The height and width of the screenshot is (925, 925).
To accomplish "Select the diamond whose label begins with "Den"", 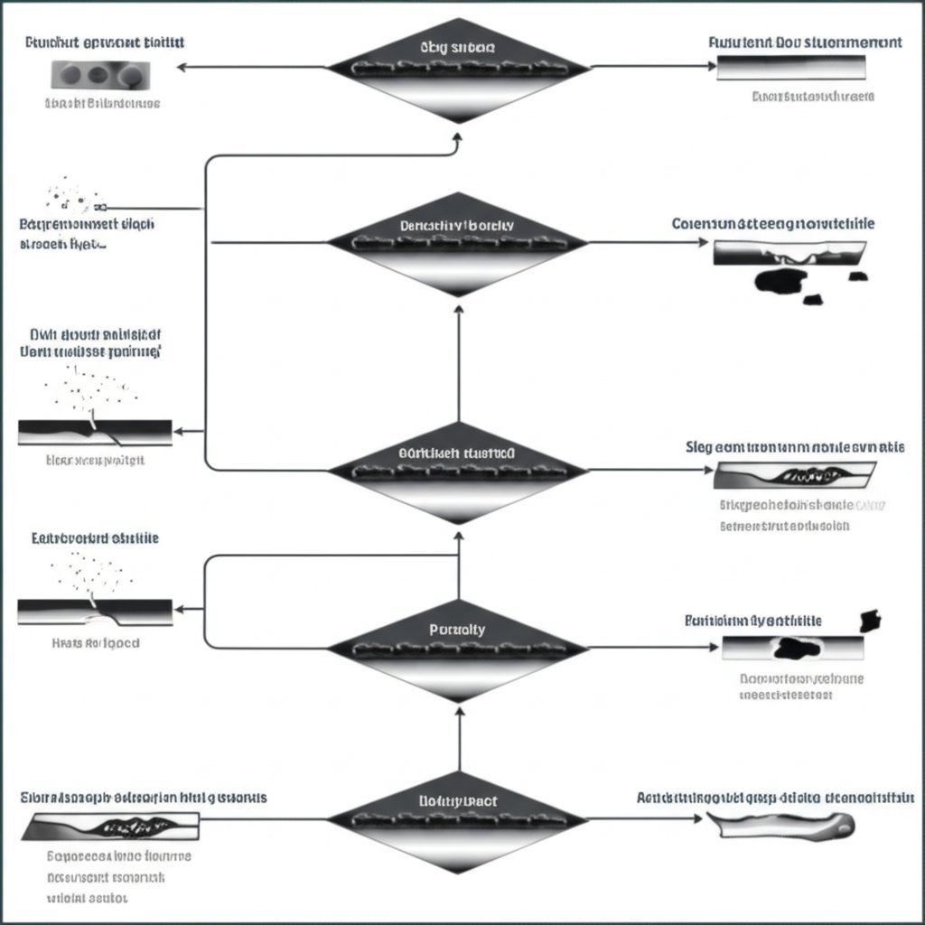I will tap(457, 242).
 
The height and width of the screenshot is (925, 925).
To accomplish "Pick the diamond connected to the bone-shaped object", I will tap(457, 819).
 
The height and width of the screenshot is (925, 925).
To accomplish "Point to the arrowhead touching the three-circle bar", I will tap(182, 67).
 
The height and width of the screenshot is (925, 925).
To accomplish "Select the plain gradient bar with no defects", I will tap(791, 68).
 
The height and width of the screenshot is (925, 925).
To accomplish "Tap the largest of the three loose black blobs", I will tap(779, 281).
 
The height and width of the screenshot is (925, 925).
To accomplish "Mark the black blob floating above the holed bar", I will tap(871, 620).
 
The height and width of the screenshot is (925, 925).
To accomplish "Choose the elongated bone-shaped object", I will tap(779, 823).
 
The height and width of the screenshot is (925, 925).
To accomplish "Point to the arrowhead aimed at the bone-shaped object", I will tap(696, 819).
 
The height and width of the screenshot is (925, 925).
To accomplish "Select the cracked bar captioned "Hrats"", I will tap(95, 612).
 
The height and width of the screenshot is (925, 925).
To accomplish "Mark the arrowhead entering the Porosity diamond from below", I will tap(458, 711).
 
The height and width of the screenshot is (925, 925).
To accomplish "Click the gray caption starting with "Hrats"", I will tap(95, 644).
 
